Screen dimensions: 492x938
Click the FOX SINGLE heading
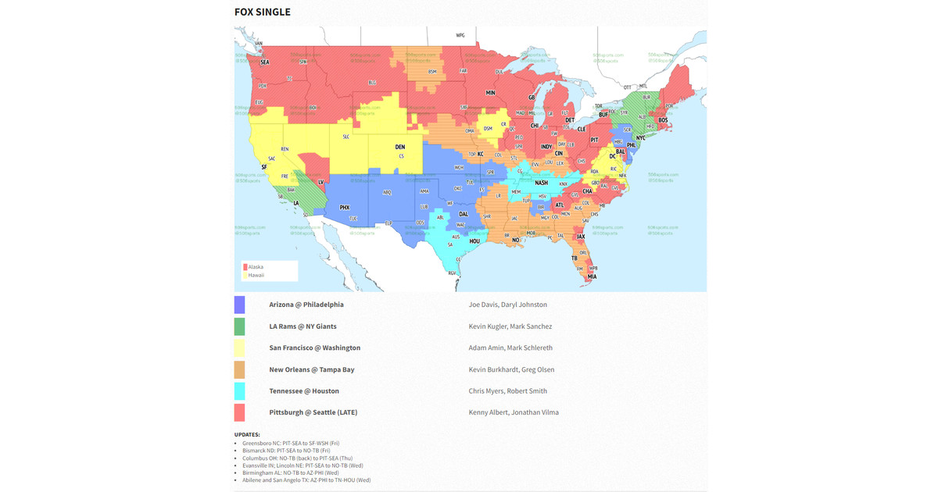pyautogui.click(x=262, y=12)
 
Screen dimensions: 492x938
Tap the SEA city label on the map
pyautogui.click(x=264, y=62)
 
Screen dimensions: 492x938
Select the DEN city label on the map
pyautogui.click(x=400, y=147)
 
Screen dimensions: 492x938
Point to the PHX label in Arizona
pyautogui.click(x=345, y=208)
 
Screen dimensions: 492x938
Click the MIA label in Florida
pyautogui.click(x=592, y=276)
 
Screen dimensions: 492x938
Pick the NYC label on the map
pyautogui.click(x=641, y=138)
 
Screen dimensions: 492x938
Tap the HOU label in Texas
pyautogui.click(x=474, y=241)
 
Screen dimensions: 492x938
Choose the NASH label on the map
pyautogui.click(x=541, y=183)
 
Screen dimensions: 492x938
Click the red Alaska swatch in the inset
pyautogui.click(x=245, y=267)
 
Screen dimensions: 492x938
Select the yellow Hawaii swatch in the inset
pyautogui.click(x=245, y=275)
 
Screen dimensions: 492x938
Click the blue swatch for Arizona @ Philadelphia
pyautogui.click(x=239, y=305)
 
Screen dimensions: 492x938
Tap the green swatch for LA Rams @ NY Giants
pyautogui.click(x=239, y=326)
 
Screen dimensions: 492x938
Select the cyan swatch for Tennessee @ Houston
pyautogui.click(x=239, y=390)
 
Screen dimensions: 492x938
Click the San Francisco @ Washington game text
pyautogui.click(x=314, y=348)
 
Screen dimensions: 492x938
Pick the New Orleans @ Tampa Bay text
pyautogui.click(x=311, y=369)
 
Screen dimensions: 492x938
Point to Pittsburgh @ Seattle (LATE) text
pyautogui.click(x=313, y=412)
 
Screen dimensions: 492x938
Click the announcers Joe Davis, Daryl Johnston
pyautogui.click(x=507, y=305)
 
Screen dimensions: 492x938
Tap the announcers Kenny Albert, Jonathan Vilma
pyautogui.click(x=514, y=412)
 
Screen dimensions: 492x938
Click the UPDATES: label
pyautogui.click(x=247, y=434)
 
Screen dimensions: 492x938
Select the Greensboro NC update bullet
pyautogui.click(x=285, y=443)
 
